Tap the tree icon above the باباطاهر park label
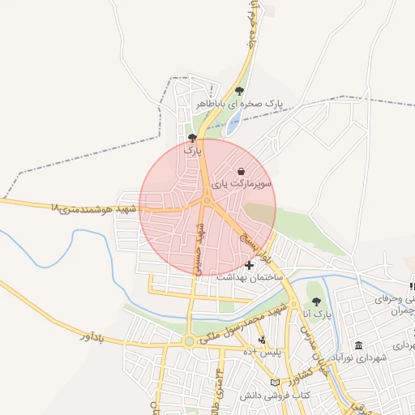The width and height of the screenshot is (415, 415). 238,91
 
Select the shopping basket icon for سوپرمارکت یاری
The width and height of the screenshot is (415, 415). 242,171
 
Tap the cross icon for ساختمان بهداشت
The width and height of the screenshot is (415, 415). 249,265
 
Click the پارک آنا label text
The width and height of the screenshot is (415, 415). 318,313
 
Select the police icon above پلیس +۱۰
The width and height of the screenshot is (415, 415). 261,340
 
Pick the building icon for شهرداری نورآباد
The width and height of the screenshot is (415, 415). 358,346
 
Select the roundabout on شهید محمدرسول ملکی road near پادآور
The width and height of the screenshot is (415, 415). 189,341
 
